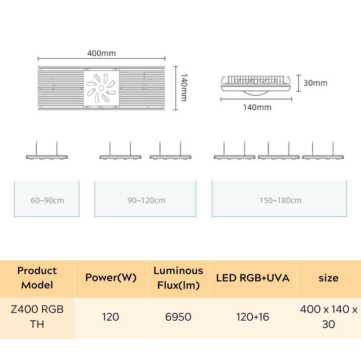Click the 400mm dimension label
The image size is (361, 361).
[101, 53]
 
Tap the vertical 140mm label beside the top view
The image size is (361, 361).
[184, 88]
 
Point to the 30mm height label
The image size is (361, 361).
[315, 83]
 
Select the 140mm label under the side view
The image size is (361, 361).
[257, 107]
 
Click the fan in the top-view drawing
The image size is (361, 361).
[101, 88]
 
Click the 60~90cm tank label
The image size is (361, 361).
[47, 201]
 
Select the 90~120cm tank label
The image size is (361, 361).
[146, 201]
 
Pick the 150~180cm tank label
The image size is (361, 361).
[280, 201]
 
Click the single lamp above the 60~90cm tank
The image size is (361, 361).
[47, 156]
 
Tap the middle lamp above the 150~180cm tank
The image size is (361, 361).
[278, 156]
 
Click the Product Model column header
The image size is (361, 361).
[37, 278]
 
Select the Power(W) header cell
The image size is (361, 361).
[111, 278]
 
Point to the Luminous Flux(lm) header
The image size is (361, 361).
[178, 278]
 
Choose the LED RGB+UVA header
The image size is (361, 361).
[253, 278]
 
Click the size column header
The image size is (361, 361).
[328, 278]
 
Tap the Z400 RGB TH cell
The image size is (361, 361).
[37, 317]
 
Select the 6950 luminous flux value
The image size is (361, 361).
[178, 317]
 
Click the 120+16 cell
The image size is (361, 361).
[253, 317]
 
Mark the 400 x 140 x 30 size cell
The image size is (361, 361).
[328, 317]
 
